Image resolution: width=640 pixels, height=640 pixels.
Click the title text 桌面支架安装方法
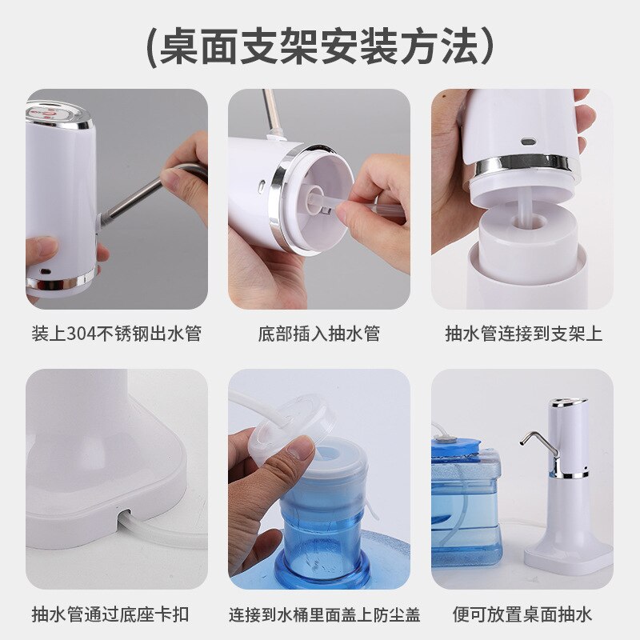tap(320, 47)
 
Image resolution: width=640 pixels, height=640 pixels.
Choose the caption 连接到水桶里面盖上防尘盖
tap(324, 614)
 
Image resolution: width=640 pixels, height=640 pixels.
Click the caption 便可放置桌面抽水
tap(522, 614)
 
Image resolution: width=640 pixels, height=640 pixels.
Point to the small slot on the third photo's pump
tap(527, 142)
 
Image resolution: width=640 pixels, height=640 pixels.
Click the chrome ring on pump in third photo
tap(525, 165)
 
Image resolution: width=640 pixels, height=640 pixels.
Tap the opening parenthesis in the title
tap(151, 47)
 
